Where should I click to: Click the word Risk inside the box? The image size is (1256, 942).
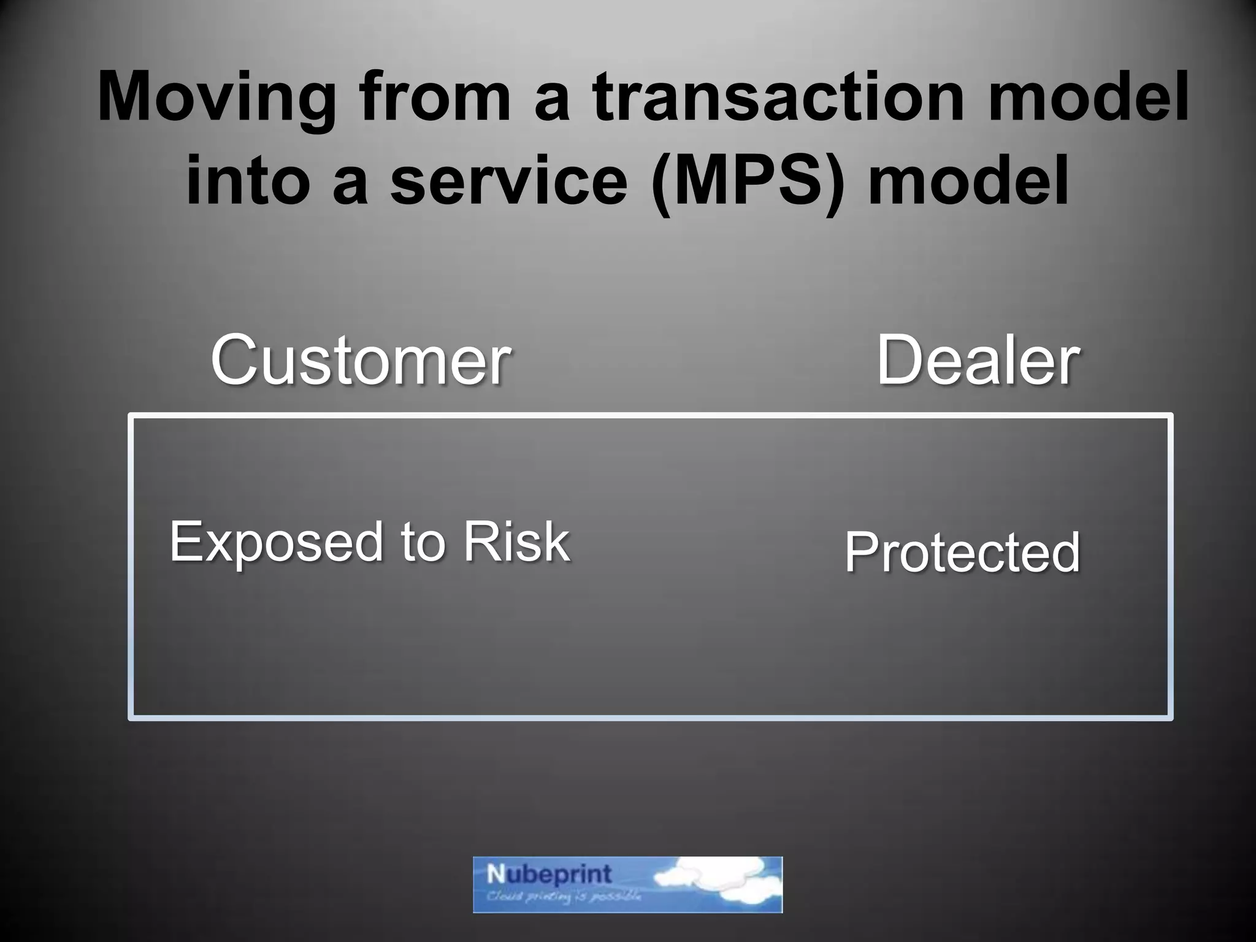coord(516,542)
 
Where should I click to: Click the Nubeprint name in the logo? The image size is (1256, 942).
coord(549,875)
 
